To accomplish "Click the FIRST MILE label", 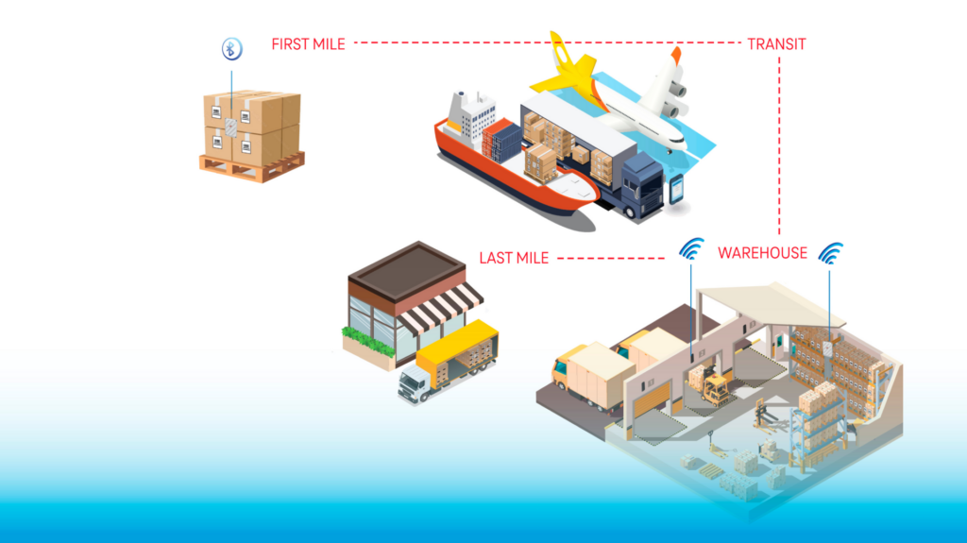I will point(308,43).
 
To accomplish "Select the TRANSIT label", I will point(776,43).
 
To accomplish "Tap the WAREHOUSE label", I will point(762,253).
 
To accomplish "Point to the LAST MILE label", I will point(514,258).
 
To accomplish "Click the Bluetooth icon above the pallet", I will point(231,49).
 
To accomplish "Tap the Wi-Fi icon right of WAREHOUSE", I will point(831,253).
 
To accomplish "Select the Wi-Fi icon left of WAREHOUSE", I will point(692,249).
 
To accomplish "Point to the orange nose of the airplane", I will point(675,56).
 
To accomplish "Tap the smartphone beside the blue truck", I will point(676,189).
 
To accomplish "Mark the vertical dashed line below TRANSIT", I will point(779,142).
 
